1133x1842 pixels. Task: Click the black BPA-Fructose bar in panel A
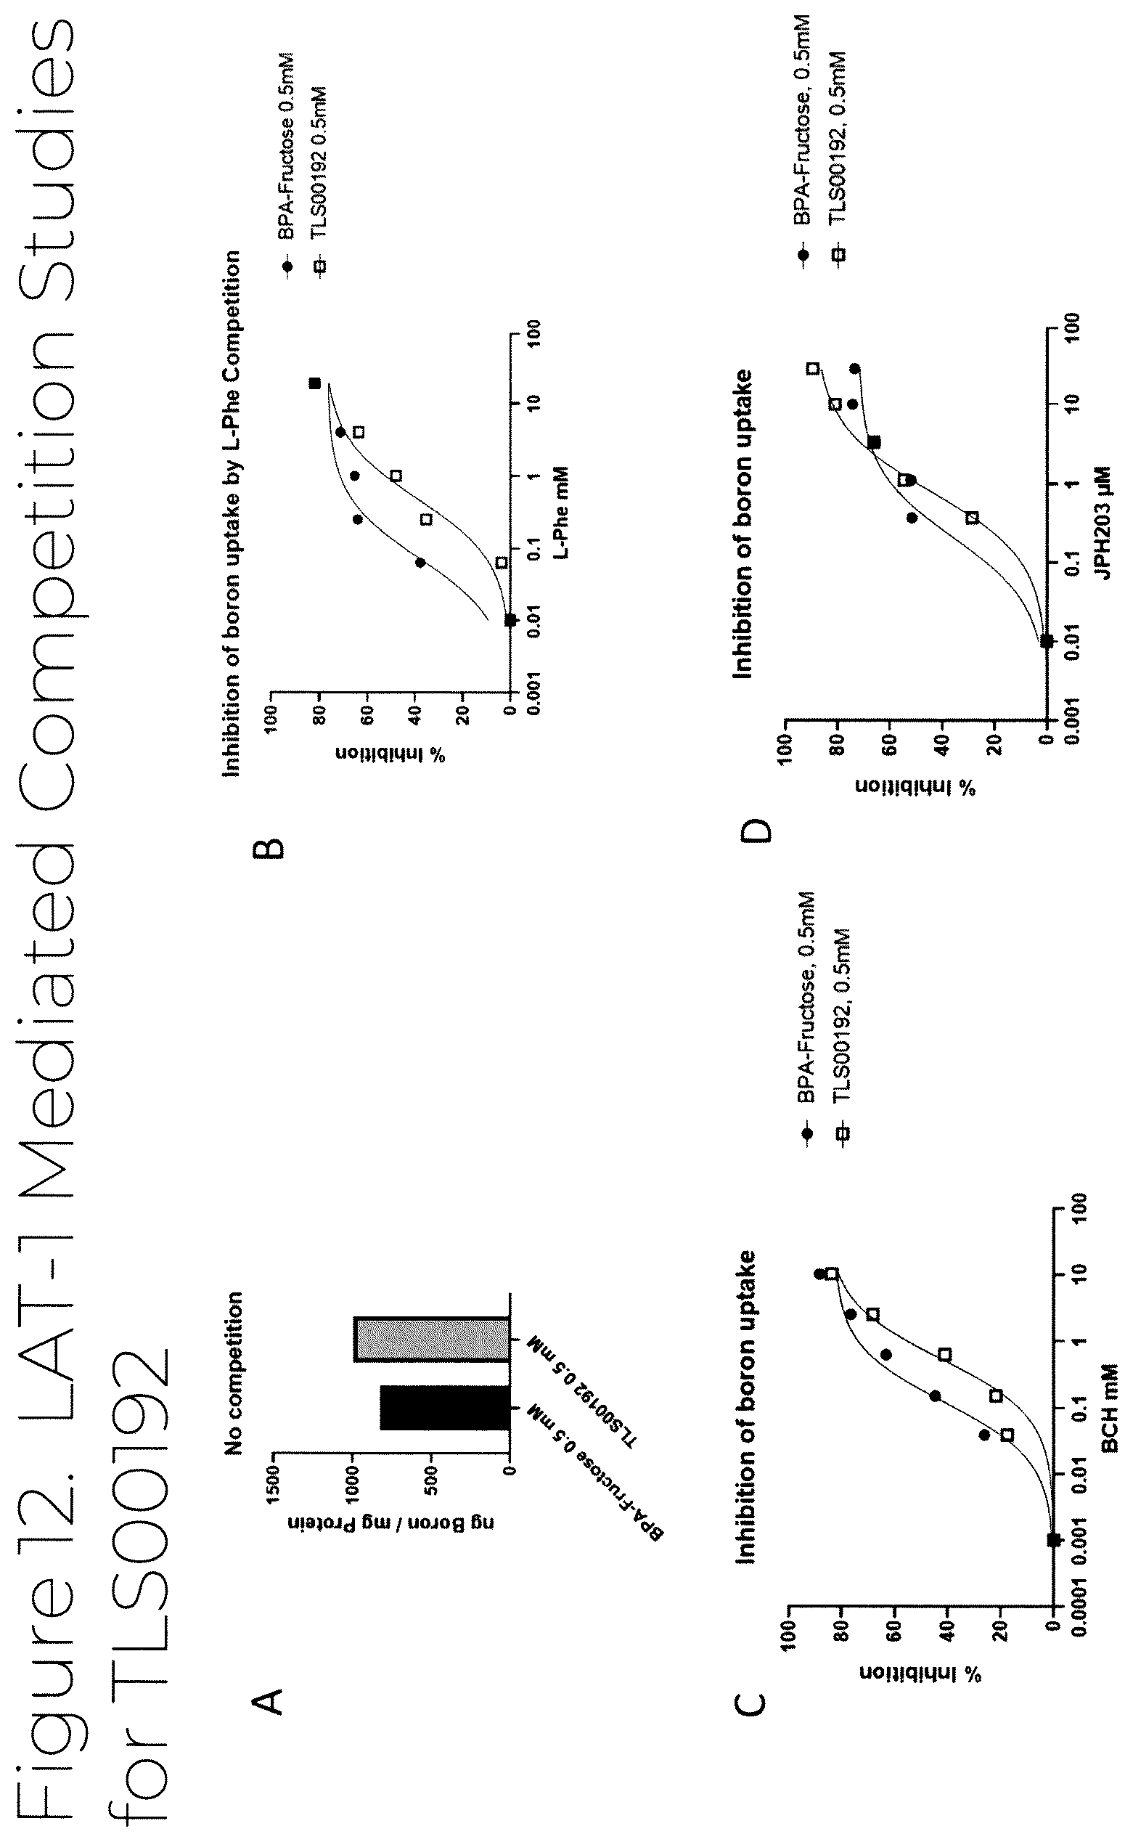click(x=445, y=1408)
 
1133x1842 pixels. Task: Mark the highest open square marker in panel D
click(x=813, y=369)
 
